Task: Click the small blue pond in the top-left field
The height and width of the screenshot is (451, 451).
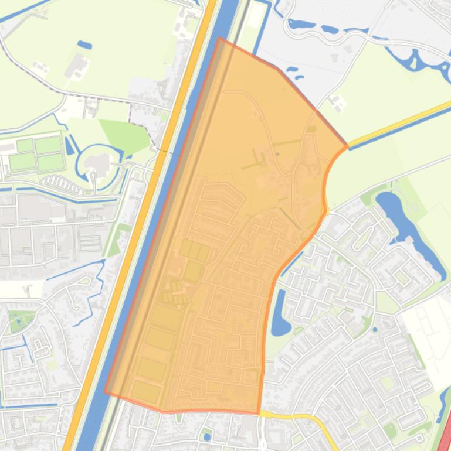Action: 84,45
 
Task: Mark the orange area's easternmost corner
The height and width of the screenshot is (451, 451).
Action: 347,145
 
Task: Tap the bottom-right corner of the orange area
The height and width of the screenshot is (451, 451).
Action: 259,413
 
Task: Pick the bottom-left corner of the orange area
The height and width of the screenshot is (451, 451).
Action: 106,391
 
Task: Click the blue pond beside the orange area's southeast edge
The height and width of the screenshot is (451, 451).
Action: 280,311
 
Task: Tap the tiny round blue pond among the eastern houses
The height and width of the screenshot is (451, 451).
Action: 375,329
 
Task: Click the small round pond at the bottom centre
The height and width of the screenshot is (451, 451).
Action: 206,436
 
